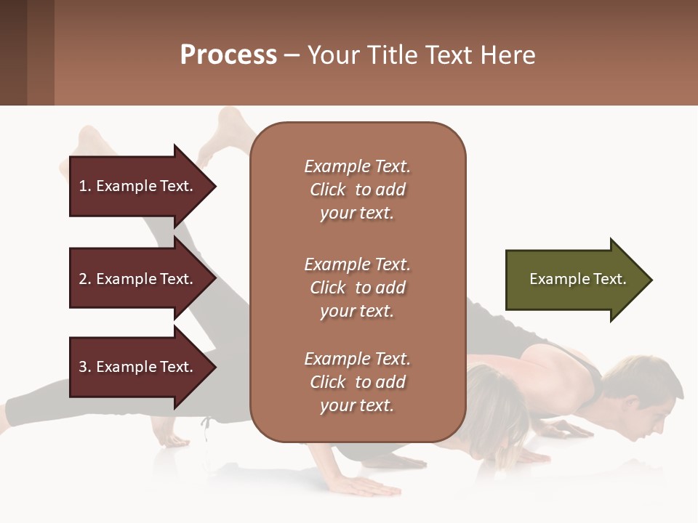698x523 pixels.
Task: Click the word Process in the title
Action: (228, 55)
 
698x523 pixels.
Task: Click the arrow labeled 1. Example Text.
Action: (138, 186)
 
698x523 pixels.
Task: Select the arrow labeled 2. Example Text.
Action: (138, 279)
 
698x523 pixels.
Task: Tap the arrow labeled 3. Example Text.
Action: (138, 367)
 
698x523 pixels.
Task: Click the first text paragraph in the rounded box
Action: (357, 190)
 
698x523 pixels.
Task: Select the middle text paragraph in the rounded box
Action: (357, 288)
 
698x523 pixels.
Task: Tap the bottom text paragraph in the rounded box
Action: (357, 382)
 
